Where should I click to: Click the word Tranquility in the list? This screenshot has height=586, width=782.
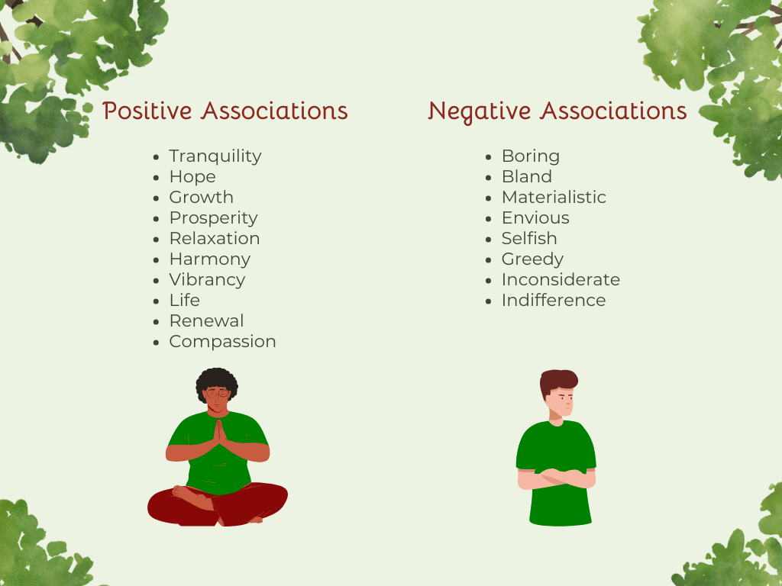point(215,156)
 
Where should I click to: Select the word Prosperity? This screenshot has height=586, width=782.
point(213,218)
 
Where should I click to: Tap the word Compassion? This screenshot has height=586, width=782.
point(222,342)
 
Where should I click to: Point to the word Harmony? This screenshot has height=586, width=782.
point(209,259)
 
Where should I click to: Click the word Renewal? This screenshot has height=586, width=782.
point(206,321)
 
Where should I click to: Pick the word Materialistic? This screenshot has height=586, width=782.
point(554,198)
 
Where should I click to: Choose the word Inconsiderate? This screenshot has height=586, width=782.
point(561,280)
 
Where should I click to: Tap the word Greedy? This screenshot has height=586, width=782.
point(532,259)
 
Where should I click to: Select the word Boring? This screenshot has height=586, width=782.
point(531,156)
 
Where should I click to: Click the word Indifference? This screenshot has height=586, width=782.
point(554,301)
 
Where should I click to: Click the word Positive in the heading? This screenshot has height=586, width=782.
point(147,111)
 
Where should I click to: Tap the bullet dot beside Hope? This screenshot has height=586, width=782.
point(157,177)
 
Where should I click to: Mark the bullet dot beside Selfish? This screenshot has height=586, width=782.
point(490,239)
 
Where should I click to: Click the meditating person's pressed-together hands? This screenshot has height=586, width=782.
point(218,435)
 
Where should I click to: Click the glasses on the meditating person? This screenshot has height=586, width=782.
point(218,394)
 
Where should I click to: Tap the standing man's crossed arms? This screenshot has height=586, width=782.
point(556,478)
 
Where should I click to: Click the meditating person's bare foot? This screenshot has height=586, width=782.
point(187,496)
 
